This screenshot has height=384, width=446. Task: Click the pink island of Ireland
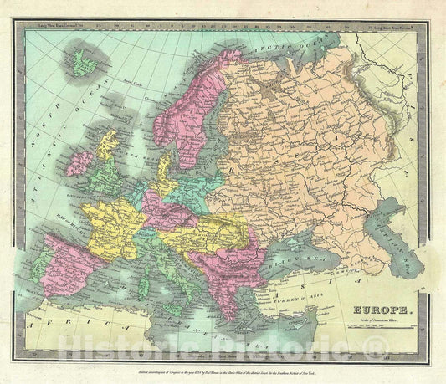tap(79, 161)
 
